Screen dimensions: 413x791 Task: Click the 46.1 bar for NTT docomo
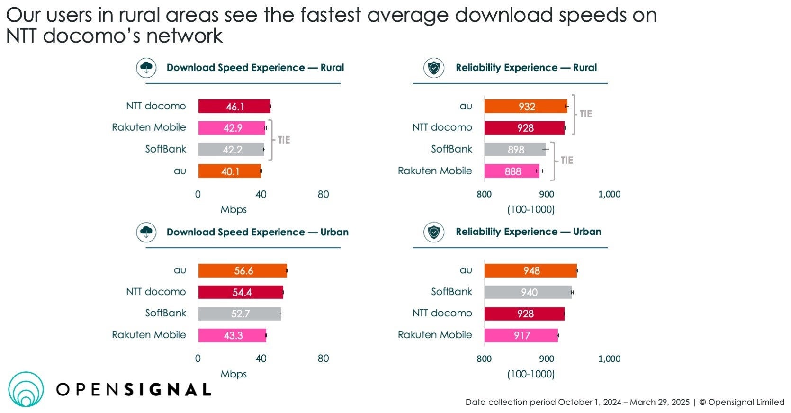[234, 106]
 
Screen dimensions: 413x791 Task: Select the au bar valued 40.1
[229, 171]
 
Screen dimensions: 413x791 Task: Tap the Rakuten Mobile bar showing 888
[512, 171]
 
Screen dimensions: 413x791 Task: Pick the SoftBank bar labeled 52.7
[239, 314]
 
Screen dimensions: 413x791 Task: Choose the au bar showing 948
[530, 270]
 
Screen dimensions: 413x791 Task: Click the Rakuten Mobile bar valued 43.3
[232, 335]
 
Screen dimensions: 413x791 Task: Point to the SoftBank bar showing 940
[528, 292]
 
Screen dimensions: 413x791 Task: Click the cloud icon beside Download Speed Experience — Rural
[146, 68]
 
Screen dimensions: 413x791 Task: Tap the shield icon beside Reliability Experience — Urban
[434, 232]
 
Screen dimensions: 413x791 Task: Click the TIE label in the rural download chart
[284, 140]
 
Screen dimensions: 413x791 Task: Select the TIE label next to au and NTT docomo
[586, 114]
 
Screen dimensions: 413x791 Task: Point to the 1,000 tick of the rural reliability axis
[609, 194]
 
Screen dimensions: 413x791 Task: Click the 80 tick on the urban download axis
[323, 359]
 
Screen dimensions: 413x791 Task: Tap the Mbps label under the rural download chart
[234, 209]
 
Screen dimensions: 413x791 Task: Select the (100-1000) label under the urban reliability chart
[530, 374]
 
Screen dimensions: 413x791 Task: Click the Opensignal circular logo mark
[26, 389]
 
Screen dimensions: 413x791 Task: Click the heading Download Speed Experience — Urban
[257, 232]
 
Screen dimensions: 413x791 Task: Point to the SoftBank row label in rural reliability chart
[451, 149]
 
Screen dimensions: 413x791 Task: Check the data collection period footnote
[624, 402]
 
